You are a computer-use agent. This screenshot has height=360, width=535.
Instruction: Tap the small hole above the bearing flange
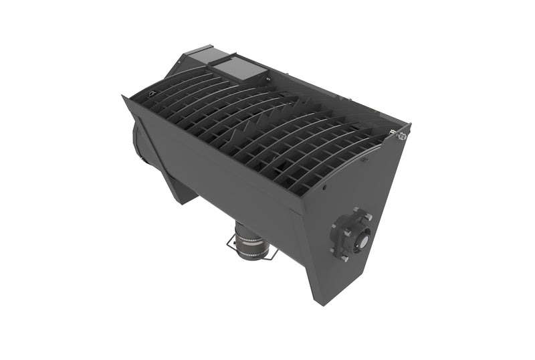(325, 188)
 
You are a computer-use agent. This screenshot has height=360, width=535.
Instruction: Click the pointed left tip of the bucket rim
(123, 97)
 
